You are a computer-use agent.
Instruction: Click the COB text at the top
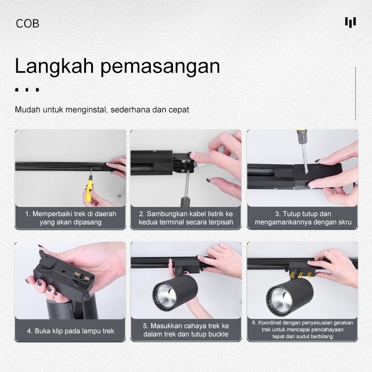(27, 24)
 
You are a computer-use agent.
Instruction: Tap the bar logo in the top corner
(351, 22)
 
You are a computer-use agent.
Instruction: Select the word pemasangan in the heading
(160, 67)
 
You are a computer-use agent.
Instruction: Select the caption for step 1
(71, 218)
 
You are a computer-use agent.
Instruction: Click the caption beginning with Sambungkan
(186, 218)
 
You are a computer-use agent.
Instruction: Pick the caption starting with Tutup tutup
(303, 218)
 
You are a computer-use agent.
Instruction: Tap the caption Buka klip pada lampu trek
(71, 331)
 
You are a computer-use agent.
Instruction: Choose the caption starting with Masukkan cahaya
(186, 330)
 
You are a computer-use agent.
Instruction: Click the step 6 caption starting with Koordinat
(303, 330)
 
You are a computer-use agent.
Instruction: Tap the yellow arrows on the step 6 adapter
(301, 275)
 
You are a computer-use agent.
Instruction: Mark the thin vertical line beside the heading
(355, 93)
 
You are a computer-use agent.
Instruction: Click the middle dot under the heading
(27, 90)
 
